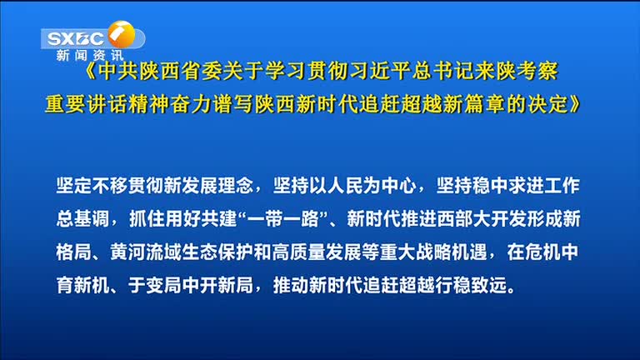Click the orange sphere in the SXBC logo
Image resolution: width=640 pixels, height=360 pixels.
[x=122, y=34]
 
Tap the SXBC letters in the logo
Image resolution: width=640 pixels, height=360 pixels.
[x=76, y=39]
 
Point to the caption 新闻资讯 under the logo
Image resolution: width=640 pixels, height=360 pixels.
[x=90, y=55]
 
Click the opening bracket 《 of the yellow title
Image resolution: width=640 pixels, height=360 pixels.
[x=90, y=72]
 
